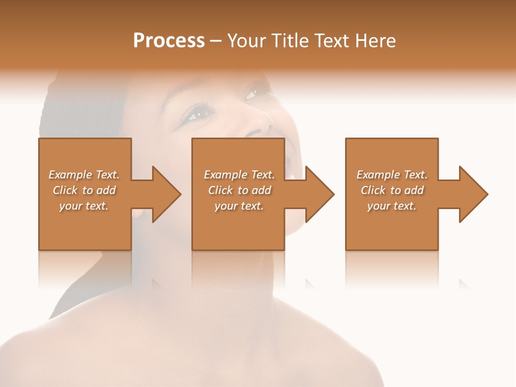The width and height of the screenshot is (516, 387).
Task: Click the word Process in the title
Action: pyautogui.click(x=169, y=40)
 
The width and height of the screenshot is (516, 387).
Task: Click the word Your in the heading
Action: pyautogui.click(x=247, y=40)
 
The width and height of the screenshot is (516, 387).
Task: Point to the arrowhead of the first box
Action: pyautogui.click(x=166, y=194)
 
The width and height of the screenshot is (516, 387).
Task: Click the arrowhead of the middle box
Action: pyautogui.click(x=319, y=194)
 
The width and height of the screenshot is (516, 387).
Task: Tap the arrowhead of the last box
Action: pyautogui.click(x=472, y=194)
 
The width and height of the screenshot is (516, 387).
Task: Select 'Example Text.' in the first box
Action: pyautogui.click(x=84, y=175)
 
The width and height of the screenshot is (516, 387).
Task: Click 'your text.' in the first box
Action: pyautogui.click(x=84, y=206)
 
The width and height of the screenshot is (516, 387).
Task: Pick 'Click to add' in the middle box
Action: pyautogui.click(x=239, y=190)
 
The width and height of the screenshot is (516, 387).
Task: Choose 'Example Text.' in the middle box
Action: pyautogui.click(x=239, y=175)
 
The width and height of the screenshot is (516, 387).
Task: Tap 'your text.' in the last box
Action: pyautogui.click(x=392, y=206)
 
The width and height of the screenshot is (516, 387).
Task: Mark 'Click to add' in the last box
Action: pyautogui.click(x=392, y=190)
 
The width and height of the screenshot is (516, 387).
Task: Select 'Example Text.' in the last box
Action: pyautogui.click(x=392, y=175)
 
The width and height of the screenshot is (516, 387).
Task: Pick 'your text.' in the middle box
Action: pyautogui.click(x=239, y=206)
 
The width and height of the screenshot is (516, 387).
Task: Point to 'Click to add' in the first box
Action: pyautogui.click(x=84, y=190)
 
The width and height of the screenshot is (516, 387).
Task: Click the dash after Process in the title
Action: pyautogui.click(x=216, y=41)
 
